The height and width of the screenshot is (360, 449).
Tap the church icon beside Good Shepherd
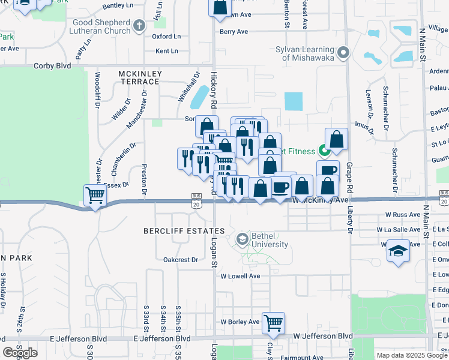pos(139,25)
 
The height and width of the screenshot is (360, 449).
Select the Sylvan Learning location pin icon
pos(343,53)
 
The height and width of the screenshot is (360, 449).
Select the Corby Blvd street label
pos(52,65)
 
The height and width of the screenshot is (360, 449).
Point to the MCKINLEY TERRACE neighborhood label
pos(140,77)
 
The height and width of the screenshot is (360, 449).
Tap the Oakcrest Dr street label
pos(181,260)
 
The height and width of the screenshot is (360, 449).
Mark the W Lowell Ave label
pos(240,276)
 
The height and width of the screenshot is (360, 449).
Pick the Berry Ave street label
pos(234,32)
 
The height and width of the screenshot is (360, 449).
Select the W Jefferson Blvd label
pos(322,337)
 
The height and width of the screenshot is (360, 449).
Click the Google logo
pos(20,352)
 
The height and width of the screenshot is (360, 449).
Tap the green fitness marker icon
pos(323,151)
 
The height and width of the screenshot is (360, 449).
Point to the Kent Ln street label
pos(167,51)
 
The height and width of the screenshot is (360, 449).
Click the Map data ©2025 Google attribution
pos(412,355)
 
